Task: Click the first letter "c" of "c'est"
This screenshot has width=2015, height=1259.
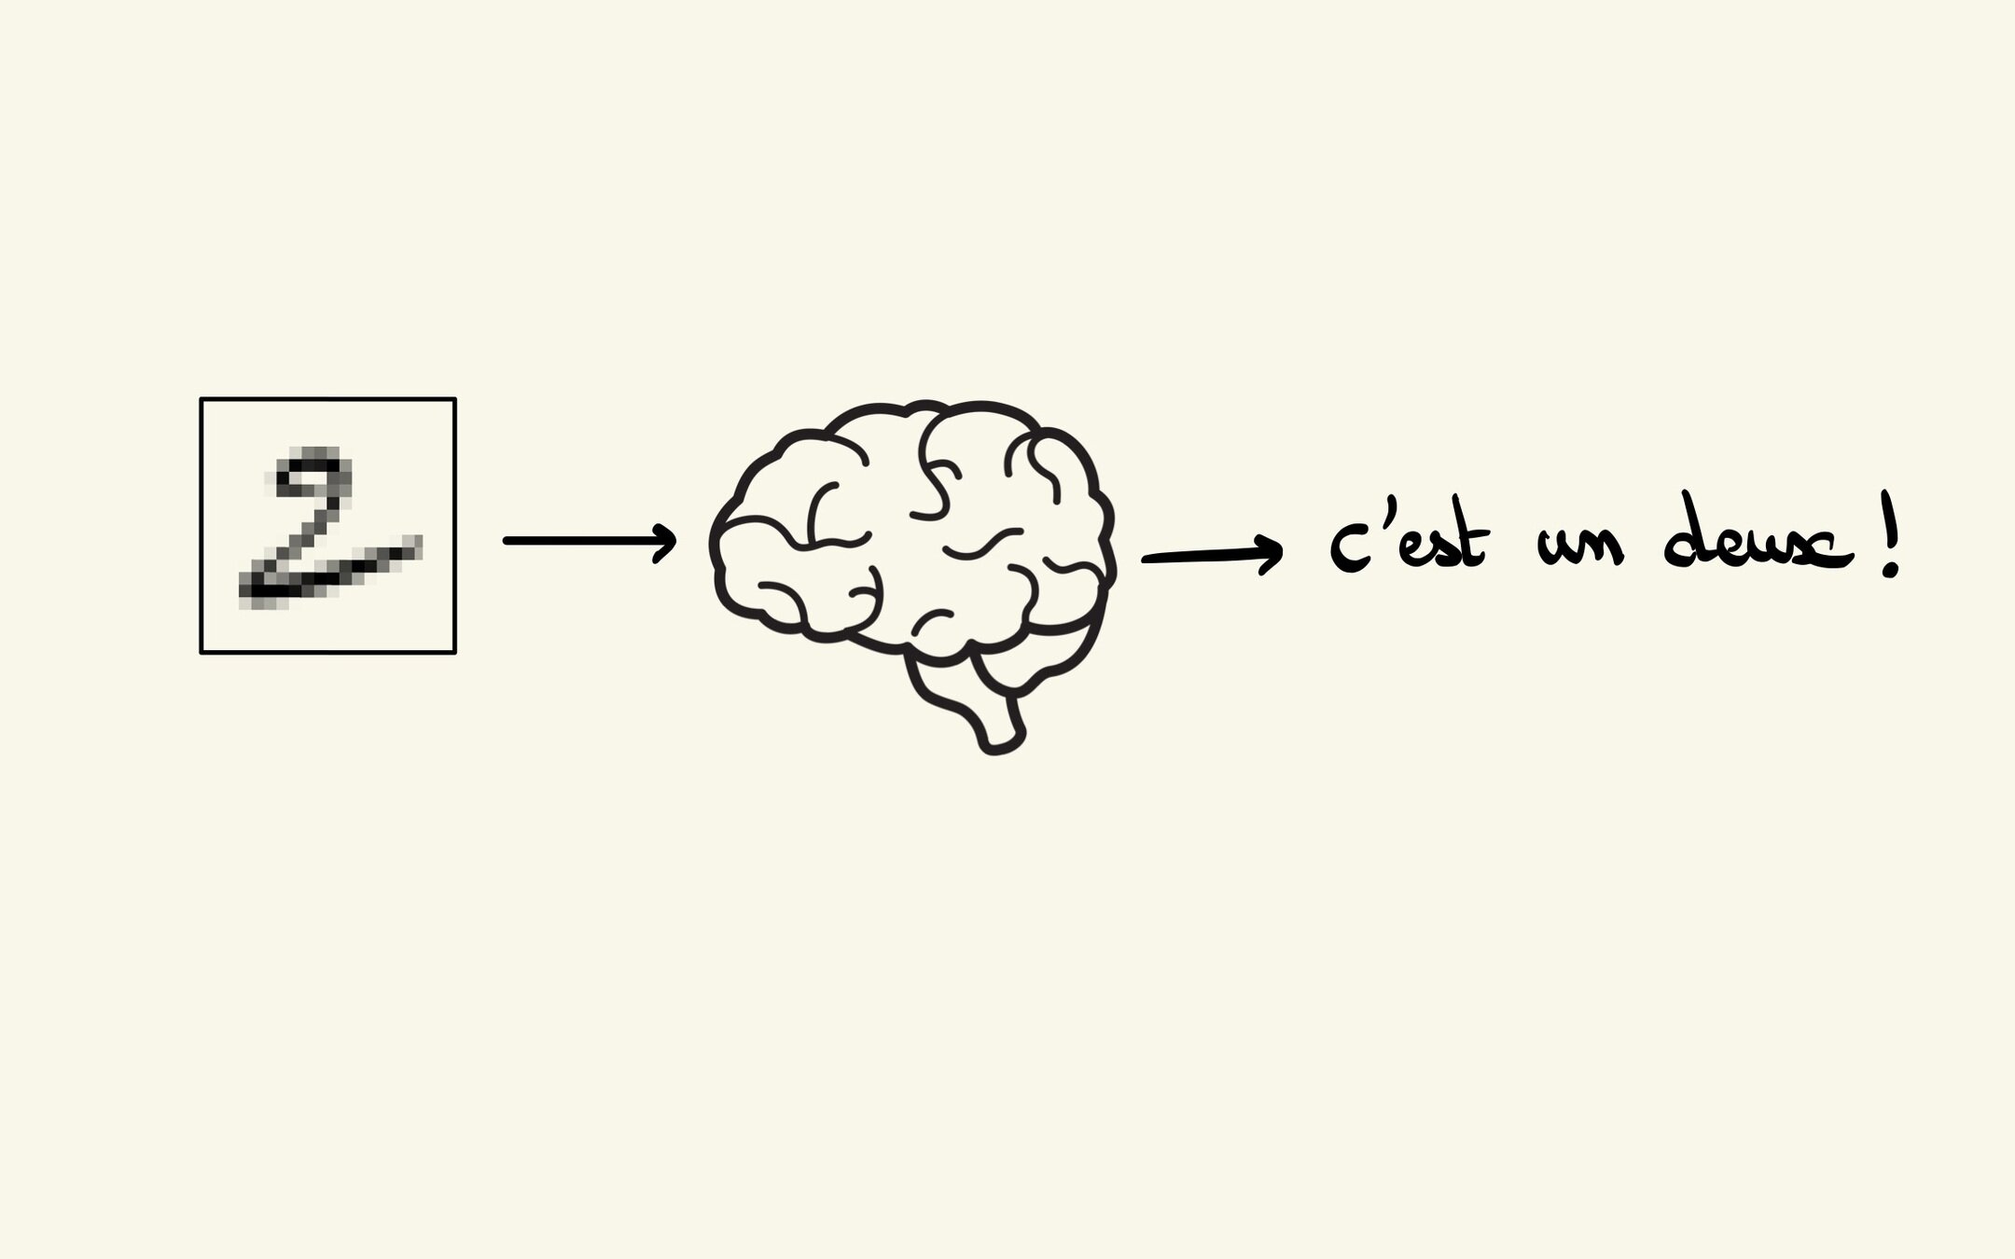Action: coord(1348,550)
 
